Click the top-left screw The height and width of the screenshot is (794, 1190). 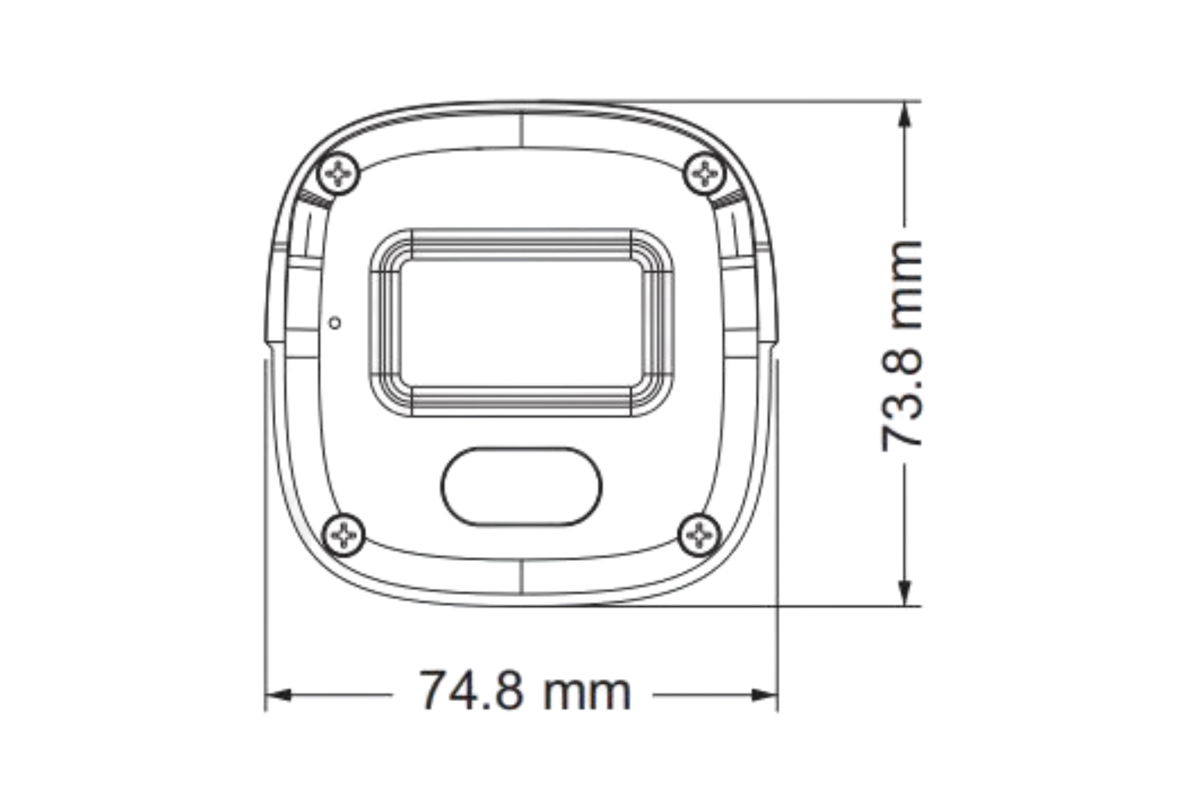[x=338, y=174]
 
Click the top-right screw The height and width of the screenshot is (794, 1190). [x=705, y=173]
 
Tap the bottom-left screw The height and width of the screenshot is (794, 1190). [x=344, y=535]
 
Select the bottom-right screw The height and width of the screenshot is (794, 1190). [x=700, y=535]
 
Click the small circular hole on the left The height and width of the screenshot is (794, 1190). [x=335, y=323]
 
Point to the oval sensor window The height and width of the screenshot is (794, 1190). [x=521, y=486]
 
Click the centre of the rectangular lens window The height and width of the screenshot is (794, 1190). [x=521, y=323]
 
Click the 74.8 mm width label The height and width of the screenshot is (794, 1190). [x=526, y=691]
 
